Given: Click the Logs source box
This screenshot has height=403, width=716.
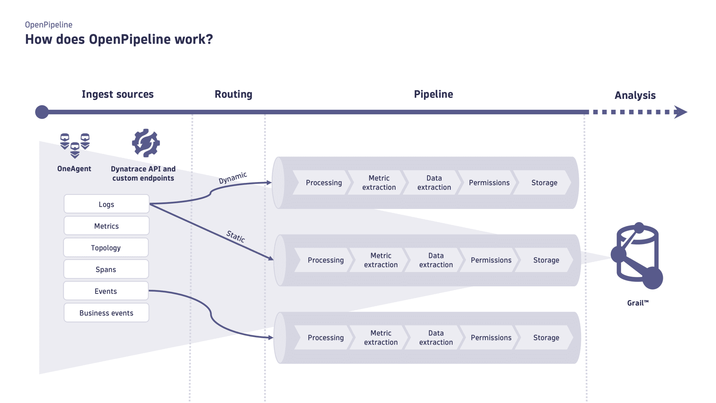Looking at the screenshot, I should [x=107, y=204].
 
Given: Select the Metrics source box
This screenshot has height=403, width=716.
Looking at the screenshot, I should [x=107, y=226].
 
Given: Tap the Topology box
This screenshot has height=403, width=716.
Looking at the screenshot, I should [x=106, y=248].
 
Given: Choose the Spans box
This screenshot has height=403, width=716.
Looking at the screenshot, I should [x=106, y=269].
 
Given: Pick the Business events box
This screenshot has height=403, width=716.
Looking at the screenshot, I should [x=106, y=313].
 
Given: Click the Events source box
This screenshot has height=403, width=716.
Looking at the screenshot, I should [x=106, y=291].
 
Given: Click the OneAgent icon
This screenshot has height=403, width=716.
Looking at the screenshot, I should [x=75, y=145].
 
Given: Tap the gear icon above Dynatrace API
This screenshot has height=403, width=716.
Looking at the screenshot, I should [x=146, y=143].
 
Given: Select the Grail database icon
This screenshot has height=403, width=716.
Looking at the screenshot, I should [x=638, y=256].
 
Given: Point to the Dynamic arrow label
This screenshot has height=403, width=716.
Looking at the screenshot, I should [x=233, y=178].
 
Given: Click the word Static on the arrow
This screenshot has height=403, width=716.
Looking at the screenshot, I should [x=236, y=236].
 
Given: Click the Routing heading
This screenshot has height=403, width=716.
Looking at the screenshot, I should [x=233, y=94].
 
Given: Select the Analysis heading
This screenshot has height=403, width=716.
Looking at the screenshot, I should [x=635, y=95].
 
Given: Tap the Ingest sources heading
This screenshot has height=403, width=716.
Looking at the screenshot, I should [x=118, y=94].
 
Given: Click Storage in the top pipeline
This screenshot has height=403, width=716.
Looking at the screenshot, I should [x=544, y=183].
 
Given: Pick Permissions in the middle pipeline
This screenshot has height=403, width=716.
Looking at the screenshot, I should [x=491, y=260].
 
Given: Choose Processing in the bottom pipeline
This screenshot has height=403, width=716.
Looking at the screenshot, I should [x=326, y=337].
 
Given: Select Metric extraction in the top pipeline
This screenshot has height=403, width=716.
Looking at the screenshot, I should [x=379, y=183].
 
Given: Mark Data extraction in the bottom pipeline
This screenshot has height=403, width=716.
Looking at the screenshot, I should [x=436, y=337].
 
